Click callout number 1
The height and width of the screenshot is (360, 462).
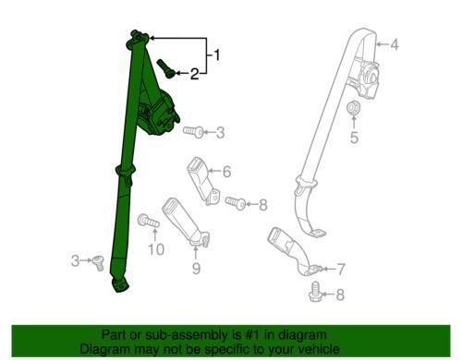pyautogui.click(x=217, y=54)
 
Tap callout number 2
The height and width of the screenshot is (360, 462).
pyautogui.click(x=194, y=74)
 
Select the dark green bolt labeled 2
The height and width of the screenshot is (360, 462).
pyautogui.click(x=166, y=68)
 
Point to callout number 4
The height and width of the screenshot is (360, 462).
pyautogui.click(x=395, y=44)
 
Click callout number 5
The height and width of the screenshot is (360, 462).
pyautogui.click(x=354, y=138)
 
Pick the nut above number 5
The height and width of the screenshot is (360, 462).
pyautogui.click(x=353, y=108)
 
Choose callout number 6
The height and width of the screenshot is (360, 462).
pyautogui.click(x=226, y=172)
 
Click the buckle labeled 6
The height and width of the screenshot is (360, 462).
pyautogui.click(x=203, y=181)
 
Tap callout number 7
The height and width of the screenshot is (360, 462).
pyautogui.click(x=341, y=270)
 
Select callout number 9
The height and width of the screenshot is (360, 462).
pyautogui.click(x=196, y=268)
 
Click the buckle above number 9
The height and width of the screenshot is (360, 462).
pyautogui.click(x=186, y=222)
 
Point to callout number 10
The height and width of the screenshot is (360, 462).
pyautogui.click(x=156, y=249)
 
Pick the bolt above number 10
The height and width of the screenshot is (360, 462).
pyautogui.click(x=149, y=221)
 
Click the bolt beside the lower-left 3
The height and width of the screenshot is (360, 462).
pyautogui.click(x=97, y=263)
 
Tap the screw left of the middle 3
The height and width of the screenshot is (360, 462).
pyautogui.click(x=193, y=132)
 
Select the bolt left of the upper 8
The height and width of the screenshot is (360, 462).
pyautogui.click(x=236, y=203)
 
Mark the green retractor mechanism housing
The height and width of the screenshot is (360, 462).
pyautogui.click(x=158, y=113)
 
